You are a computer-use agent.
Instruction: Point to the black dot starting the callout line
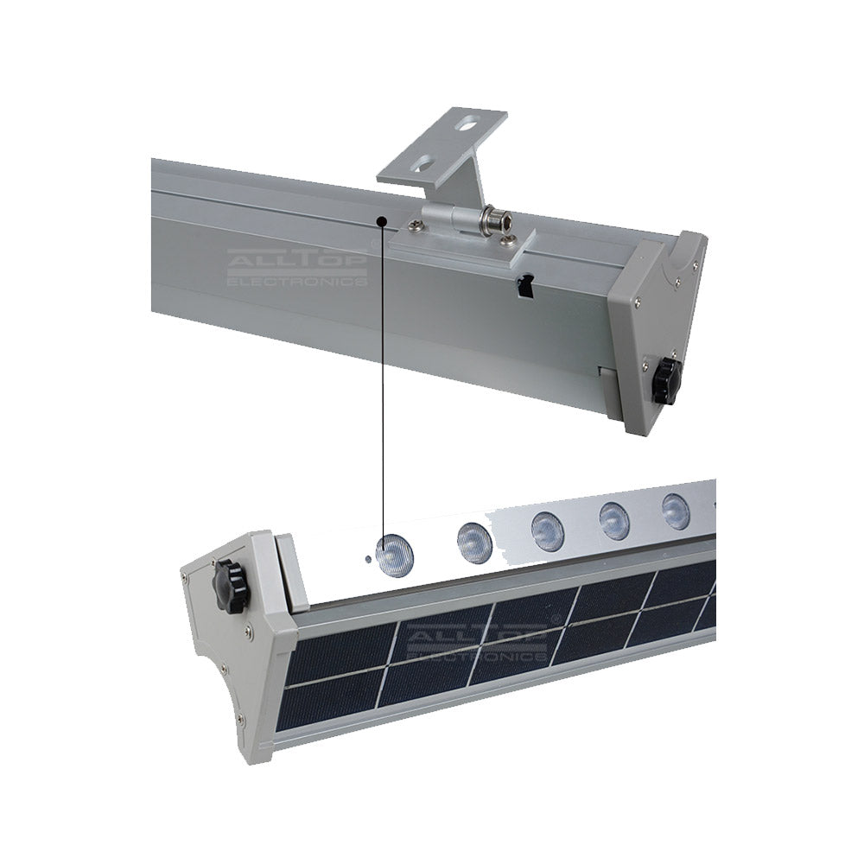click(x=382, y=221)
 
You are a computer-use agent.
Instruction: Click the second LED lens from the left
click(x=473, y=543)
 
